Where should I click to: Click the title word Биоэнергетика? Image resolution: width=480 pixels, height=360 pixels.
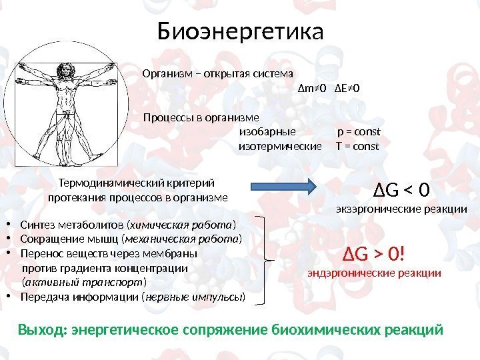(240, 31)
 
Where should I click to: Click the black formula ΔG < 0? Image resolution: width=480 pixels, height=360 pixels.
(401, 191)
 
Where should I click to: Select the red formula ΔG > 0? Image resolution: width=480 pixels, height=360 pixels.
(374, 254)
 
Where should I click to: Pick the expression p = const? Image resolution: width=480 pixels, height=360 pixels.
(359, 132)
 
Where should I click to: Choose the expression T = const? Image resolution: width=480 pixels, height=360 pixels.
(358, 146)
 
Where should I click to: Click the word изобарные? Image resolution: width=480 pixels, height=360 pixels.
(267, 132)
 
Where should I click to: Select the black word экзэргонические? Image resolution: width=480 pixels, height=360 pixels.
(373, 209)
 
